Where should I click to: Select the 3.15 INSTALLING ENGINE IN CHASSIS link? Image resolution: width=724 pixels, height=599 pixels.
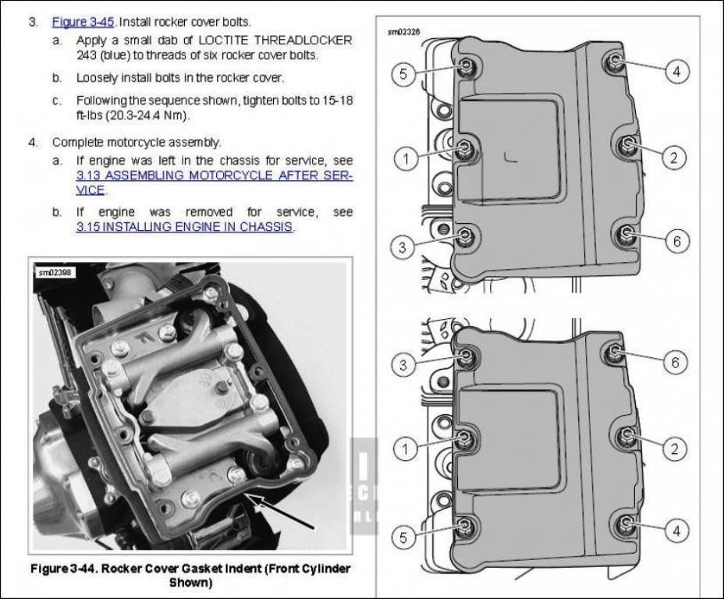point(184,227)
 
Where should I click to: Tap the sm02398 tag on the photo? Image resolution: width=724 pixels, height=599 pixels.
point(52,272)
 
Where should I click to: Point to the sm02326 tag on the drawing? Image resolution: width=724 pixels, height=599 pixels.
point(403,33)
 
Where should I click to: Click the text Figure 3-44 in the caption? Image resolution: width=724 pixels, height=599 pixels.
point(62,569)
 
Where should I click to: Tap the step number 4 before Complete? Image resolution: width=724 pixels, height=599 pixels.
point(33,142)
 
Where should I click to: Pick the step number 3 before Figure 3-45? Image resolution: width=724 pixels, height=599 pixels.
point(33,22)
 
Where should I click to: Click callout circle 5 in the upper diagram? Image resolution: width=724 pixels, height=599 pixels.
point(403,74)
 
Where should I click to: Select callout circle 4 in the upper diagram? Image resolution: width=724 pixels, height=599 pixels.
point(676,72)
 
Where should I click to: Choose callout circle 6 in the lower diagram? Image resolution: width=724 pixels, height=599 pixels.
point(676,362)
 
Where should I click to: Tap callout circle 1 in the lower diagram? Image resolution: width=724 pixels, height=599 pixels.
point(404,448)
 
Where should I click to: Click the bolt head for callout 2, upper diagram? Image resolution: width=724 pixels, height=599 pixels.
point(626,145)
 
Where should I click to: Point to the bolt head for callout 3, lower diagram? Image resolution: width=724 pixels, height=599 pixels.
point(466,356)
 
